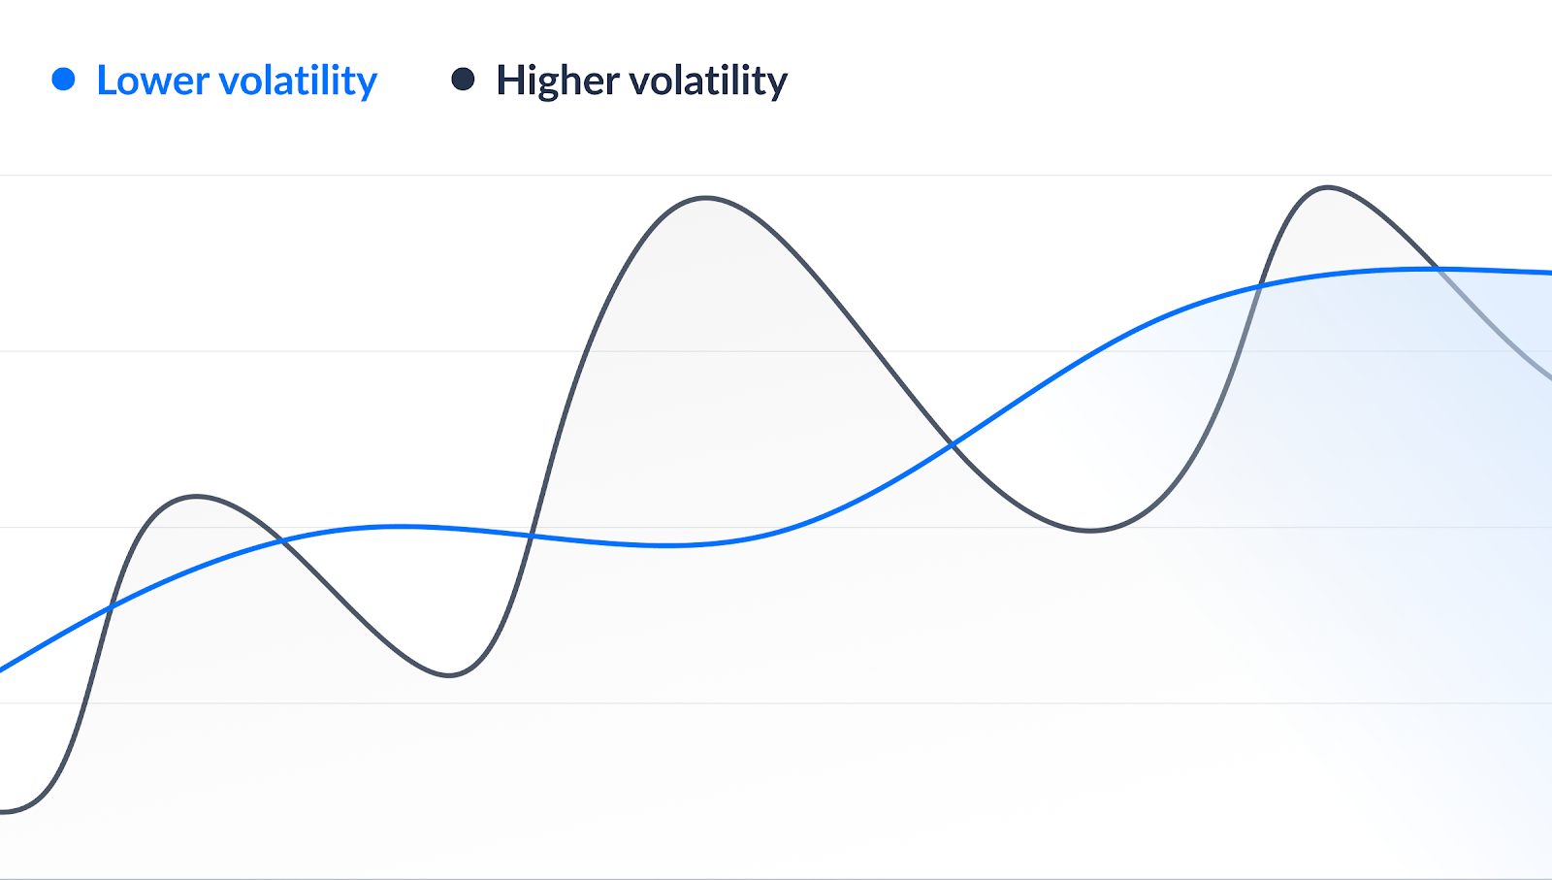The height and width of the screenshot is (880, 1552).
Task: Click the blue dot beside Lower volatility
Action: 63,80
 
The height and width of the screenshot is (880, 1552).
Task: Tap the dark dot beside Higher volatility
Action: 463,80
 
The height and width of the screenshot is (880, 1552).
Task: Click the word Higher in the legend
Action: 557,81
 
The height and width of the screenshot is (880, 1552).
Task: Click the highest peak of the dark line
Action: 1327,187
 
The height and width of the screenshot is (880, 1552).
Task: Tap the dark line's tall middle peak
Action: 706,198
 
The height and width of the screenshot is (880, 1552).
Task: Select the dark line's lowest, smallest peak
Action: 197,497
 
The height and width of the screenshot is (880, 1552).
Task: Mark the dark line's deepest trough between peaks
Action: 449,675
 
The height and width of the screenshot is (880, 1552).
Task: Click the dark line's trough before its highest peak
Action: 1090,531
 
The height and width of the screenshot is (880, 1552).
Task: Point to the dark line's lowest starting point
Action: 5,811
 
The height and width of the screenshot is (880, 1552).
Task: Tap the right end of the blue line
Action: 1548,273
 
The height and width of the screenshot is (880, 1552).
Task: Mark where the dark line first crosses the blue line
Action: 111,607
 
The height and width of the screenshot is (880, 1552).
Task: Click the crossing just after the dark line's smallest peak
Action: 282,540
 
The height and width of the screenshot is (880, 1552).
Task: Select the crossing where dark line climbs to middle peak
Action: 532,536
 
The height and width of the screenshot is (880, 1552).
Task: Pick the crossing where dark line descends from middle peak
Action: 953,445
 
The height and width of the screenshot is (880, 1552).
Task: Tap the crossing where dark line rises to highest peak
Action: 1260,286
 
